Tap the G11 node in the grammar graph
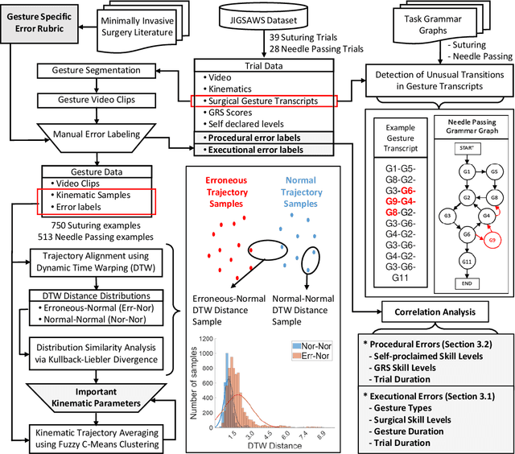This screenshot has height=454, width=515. pos(465,262)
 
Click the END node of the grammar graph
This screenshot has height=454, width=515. pos(465,283)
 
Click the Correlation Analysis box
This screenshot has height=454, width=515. pos(435,311)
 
